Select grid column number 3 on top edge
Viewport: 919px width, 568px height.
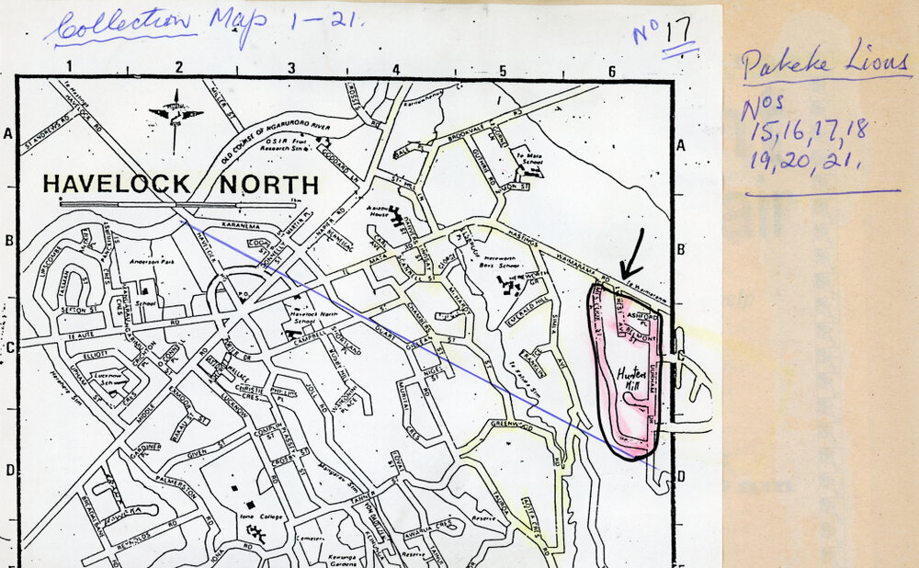click(291, 68)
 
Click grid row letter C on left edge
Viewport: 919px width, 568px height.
click(9, 346)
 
